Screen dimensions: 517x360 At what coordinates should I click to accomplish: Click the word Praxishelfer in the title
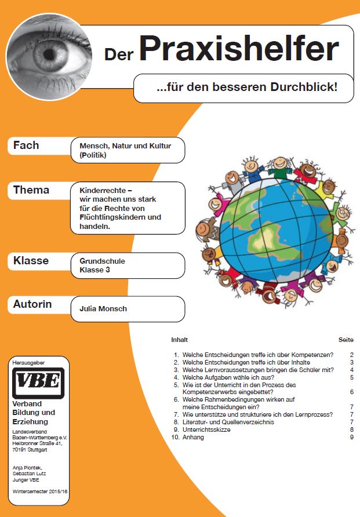tap(238, 50)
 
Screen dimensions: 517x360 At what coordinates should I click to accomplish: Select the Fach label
tap(26, 145)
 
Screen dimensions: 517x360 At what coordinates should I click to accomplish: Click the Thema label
tap(31, 190)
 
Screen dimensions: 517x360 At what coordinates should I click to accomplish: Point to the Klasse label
tap(31, 261)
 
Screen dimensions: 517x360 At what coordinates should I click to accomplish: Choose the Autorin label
tap(32, 304)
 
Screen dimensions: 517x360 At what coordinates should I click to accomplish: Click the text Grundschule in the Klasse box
tap(102, 261)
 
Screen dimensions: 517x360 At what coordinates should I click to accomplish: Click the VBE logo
tap(38, 383)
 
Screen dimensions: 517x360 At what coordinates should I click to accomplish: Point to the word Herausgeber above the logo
tap(29, 363)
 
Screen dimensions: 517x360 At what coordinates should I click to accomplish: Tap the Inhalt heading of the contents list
tap(180, 340)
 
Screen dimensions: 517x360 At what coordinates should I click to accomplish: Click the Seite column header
tap(346, 340)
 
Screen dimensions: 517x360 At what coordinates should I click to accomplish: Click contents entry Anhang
tap(193, 437)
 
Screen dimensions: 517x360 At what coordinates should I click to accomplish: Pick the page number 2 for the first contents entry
tap(351, 354)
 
